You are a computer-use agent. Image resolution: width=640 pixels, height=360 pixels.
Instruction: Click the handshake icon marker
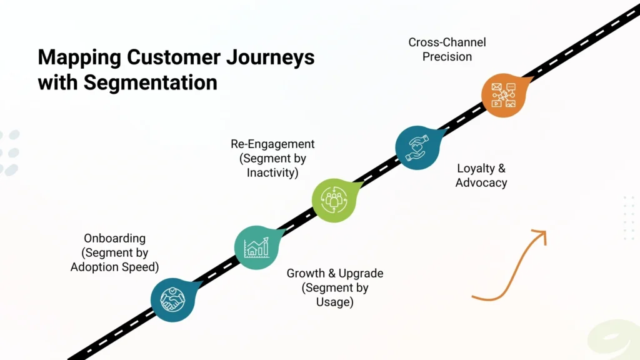point(172,299)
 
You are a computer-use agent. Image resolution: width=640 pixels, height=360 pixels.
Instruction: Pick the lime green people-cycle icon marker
point(333,199)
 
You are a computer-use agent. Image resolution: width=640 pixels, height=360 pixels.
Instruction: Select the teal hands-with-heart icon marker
point(416,148)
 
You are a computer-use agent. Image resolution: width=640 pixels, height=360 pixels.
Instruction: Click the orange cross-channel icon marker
point(502,96)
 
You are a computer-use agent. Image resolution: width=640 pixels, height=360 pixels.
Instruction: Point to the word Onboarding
point(114,238)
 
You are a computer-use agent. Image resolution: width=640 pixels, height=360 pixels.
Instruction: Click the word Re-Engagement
point(272,144)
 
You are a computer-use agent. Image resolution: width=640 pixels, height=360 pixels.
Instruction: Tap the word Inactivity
point(272,172)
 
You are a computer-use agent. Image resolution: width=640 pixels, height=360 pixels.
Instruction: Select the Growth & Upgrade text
point(335,274)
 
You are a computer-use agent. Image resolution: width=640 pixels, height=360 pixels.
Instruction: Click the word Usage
point(335,302)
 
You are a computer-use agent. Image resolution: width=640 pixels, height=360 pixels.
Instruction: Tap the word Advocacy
point(481,183)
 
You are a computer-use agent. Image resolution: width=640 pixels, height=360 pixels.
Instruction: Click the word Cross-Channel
point(447,42)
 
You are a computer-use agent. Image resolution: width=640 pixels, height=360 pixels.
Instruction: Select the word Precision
point(447,57)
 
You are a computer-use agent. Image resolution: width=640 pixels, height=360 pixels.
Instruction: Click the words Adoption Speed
point(114,267)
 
